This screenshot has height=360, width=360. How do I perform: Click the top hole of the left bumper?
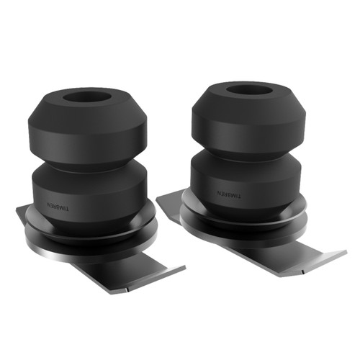coord(90,97)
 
